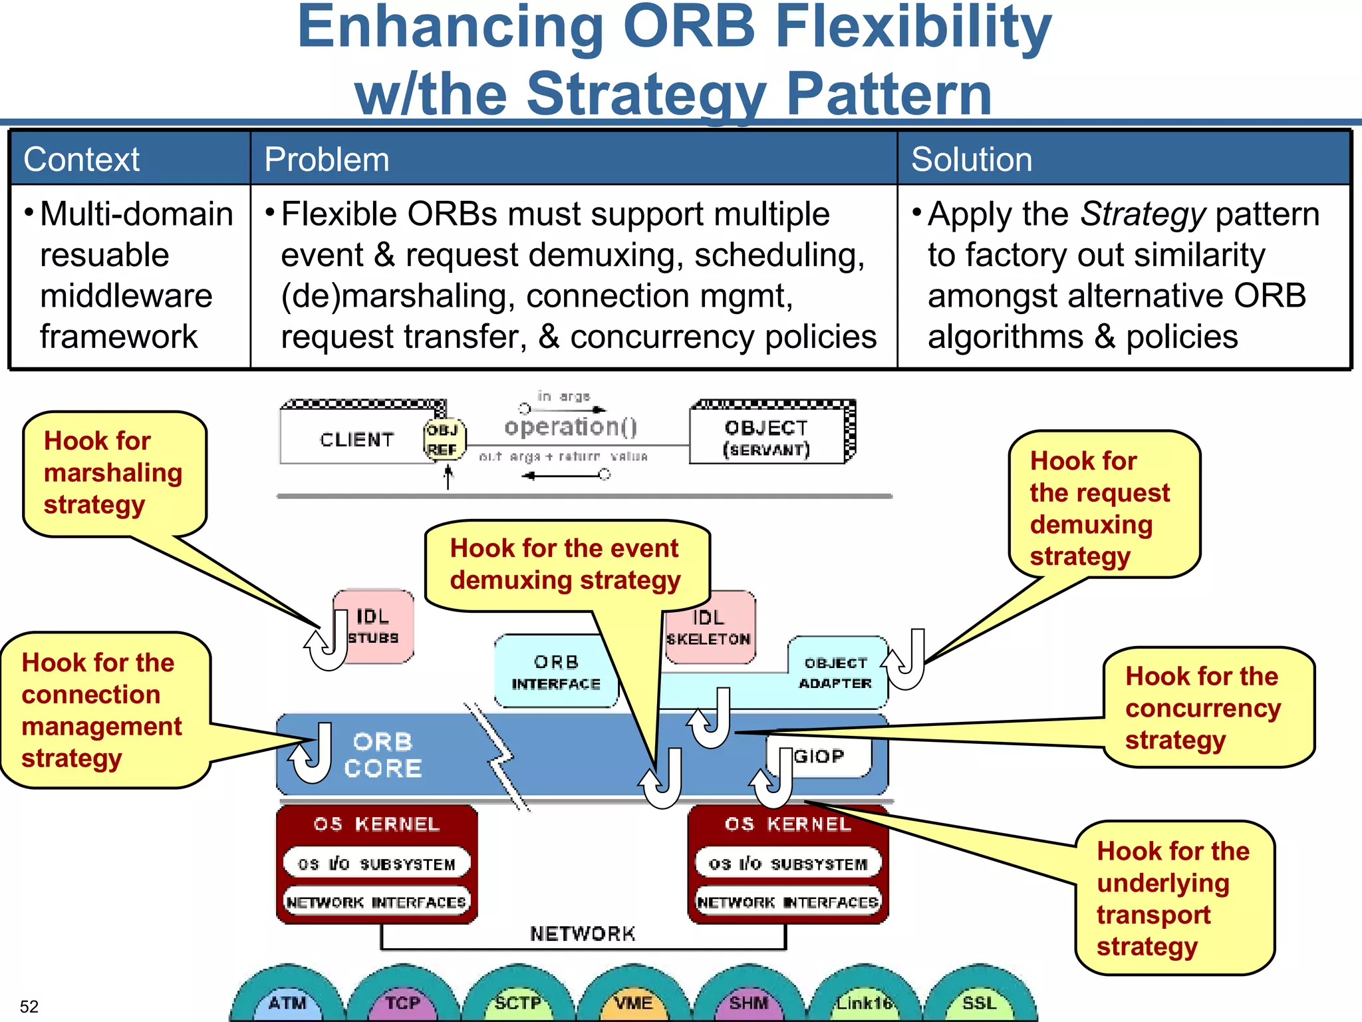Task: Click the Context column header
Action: pyautogui.click(x=81, y=160)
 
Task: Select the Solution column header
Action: pyautogui.click(x=971, y=160)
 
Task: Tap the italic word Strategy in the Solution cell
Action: pyautogui.click(x=1143, y=214)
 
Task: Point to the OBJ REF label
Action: pyautogui.click(x=444, y=440)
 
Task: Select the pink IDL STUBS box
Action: pyautogui.click(x=374, y=626)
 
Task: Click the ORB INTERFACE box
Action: pyautogui.click(x=556, y=672)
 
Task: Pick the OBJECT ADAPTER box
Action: pyautogui.click(x=835, y=673)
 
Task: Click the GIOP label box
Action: pyautogui.click(x=820, y=757)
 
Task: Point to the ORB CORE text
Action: pyautogui.click(x=383, y=755)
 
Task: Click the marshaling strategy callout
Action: pyautogui.click(x=113, y=472)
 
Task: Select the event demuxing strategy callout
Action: pyautogui.click(x=565, y=564)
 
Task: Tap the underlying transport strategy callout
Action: pyautogui.click(x=1173, y=898)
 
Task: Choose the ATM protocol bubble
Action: pyautogui.click(x=287, y=1002)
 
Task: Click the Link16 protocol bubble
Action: pyautogui.click(x=863, y=1002)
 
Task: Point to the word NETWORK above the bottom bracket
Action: pyautogui.click(x=583, y=934)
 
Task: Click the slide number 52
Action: pyautogui.click(x=29, y=1006)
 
